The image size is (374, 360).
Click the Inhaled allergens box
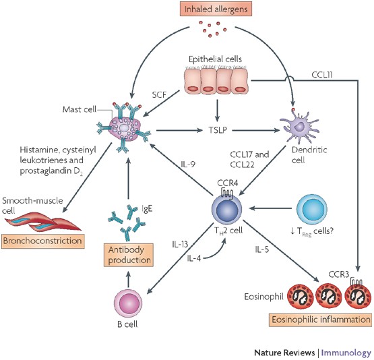click(x=216, y=9)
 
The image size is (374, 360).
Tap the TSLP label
click(x=218, y=130)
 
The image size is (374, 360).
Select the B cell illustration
click(x=128, y=303)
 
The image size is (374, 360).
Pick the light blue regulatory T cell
click(x=311, y=209)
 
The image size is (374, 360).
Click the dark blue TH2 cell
click(x=227, y=209)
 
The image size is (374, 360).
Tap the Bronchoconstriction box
click(x=43, y=241)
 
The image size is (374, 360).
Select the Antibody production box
click(x=129, y=255)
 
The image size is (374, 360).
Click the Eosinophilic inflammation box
click(x=321, y=320)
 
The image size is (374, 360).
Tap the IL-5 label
click(x=261, y=249)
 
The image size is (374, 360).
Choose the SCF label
click(x=159, y=94)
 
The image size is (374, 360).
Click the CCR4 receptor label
click(x=227, y=183)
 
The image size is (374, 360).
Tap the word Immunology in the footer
click(x=346, y=353)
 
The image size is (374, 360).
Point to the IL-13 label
click(x=180, y=244)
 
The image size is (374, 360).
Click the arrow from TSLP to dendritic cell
click(x=255, y=130)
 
